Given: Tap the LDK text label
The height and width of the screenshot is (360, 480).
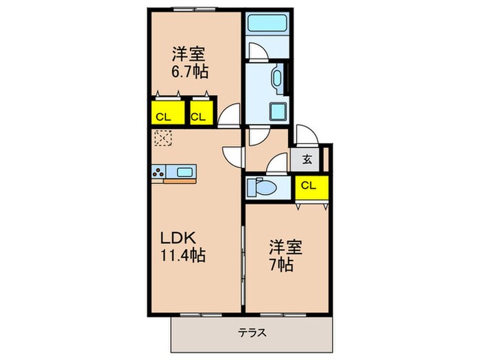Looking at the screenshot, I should click(x=179, y=239).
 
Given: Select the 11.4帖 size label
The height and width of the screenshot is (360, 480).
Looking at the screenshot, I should click(x=183, y=256).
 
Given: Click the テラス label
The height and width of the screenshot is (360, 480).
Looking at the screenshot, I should click(x=252, y=333).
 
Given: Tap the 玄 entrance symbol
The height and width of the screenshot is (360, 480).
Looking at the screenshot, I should click(x=307, y=160).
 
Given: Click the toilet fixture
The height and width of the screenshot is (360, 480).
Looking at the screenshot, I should click(x=261, y=186).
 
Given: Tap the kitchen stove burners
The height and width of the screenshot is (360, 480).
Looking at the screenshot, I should click(x=158, y=172).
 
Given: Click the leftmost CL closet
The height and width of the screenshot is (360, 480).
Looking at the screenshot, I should click(x=163, y=116).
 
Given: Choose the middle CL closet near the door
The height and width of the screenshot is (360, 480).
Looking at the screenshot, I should click(x=198, y=116).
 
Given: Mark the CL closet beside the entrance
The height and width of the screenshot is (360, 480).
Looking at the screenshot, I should click(x=309, y=184).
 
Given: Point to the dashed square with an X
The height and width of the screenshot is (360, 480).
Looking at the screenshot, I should click(x=163, y=140).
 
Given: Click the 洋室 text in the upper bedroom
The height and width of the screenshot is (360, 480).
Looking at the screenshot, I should click(x=189, y=53).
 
